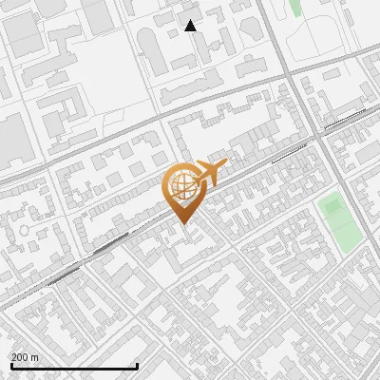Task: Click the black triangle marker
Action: click(191, 26)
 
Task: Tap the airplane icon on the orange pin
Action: click(210, 174)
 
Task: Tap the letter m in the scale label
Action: click(36, 357)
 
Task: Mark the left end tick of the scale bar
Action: click(11, 366)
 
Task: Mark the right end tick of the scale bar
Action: click(138, 366)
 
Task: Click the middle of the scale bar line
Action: click(74, 367)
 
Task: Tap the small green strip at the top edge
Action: click(295, 8)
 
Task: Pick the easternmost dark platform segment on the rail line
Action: click(346, 117)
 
